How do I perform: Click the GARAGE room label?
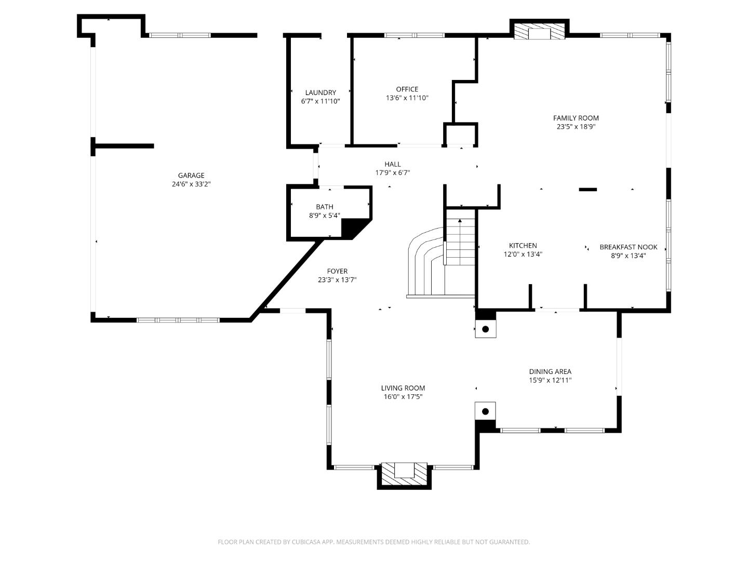pos(191,176)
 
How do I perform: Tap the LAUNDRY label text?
pos(320,92)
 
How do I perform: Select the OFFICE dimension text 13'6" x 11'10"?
pos(407,98)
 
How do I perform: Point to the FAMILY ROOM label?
pos(576,118)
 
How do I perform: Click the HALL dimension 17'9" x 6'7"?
pos(393,173)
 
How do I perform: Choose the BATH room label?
pos(325,207)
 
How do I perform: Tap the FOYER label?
pos(337,271)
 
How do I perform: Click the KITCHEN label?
pos(523,246)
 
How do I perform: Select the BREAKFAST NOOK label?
pos(628,247)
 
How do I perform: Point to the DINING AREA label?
pos(550,371)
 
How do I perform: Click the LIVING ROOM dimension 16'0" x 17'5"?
pos(403,397)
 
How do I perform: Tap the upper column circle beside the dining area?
pos(486,329)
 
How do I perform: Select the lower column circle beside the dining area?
pos(486,411)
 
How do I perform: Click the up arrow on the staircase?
pos(460,223)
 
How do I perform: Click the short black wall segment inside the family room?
pos(588,190)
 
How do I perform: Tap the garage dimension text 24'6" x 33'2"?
pos(191,184)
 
